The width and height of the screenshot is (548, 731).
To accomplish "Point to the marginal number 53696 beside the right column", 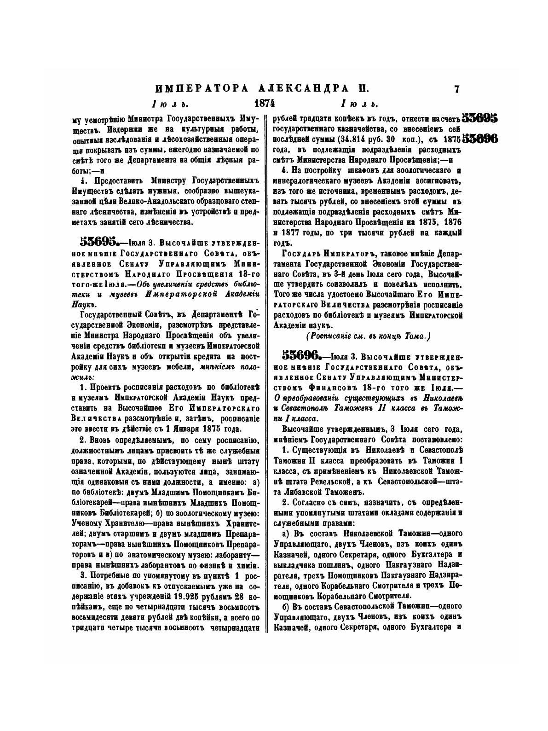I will pyautogui.click(x=480, y=139).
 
